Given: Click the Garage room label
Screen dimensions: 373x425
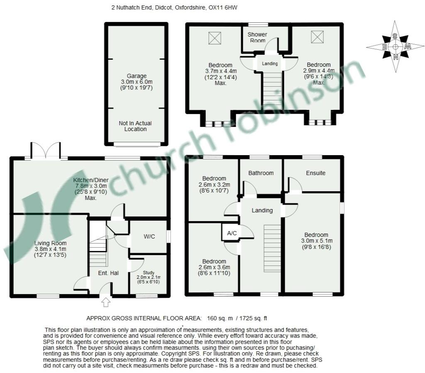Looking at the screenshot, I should pos(137,76).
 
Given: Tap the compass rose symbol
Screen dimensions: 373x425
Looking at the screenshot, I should pos(395,46).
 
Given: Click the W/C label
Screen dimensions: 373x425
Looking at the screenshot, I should pos(149,236).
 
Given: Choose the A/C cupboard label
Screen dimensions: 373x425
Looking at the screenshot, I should pos(232,233).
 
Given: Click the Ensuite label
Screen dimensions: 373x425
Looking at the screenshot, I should pos(315,173).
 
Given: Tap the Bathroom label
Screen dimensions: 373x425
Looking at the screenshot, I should pos(261,173).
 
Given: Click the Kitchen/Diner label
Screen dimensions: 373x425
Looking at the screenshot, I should pos(91,180).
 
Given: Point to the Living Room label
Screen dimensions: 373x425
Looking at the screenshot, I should pos(50,243).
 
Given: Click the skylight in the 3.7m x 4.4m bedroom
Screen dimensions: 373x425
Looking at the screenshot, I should pos(215,38).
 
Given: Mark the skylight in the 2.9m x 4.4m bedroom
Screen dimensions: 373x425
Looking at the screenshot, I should pos(318,37).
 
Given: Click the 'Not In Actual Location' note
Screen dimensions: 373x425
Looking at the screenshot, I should pos(135,126).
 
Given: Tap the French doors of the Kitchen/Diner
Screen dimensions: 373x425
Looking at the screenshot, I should pos(46,150).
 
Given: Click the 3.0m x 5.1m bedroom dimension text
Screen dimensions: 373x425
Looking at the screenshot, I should pos(317,241).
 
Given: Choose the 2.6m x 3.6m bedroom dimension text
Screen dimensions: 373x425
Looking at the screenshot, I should pos(214,267).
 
